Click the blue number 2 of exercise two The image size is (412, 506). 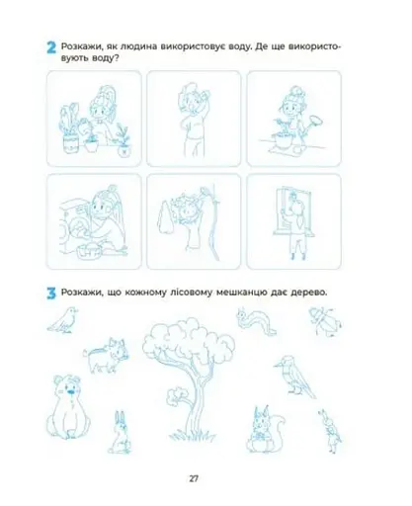[51, 47]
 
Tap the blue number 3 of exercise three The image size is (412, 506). [51, 294]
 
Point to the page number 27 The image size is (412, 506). [194, 478]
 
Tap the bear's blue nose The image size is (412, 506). [70, 391]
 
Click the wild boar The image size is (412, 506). [106, 355]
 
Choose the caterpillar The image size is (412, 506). [256, 321]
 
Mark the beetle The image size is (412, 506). [325, 321]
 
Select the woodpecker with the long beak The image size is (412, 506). [293, 376]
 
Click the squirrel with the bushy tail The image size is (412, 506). [265, 429]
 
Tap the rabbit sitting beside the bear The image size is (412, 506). [120, 432]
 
